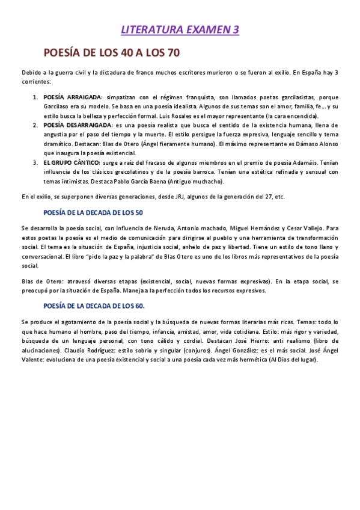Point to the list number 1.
click(35, 97)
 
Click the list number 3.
click(35, 163)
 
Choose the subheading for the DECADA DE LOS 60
click(94, 306)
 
